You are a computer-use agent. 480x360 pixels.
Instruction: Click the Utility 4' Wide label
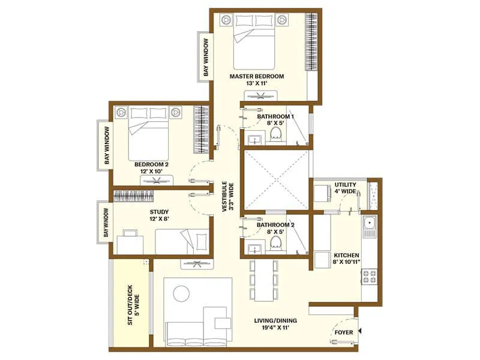[346, 188]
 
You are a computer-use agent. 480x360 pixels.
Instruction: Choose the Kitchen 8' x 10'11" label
[346, 257]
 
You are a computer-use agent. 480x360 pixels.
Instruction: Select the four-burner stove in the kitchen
[369, 275]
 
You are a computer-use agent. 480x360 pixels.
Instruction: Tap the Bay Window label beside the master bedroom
[205, 58]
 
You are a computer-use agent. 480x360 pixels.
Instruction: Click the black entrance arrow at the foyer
[358, 331]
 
